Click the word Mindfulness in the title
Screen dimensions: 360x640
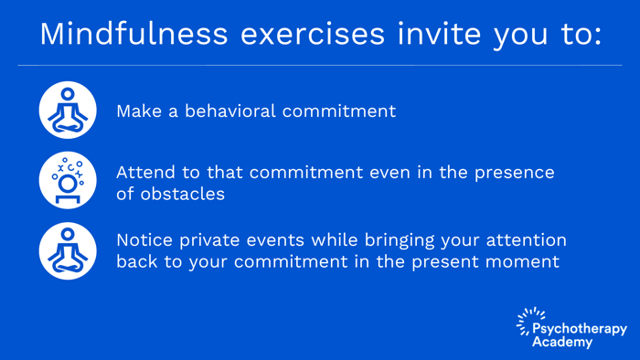(x=132, y=34)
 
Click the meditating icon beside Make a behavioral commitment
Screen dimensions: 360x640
(x=68, y=111)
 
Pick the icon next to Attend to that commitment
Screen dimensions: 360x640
(x=68, y=181)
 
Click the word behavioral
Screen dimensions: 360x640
(x=228, y=111)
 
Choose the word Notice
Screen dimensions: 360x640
(x=144, y=240)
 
